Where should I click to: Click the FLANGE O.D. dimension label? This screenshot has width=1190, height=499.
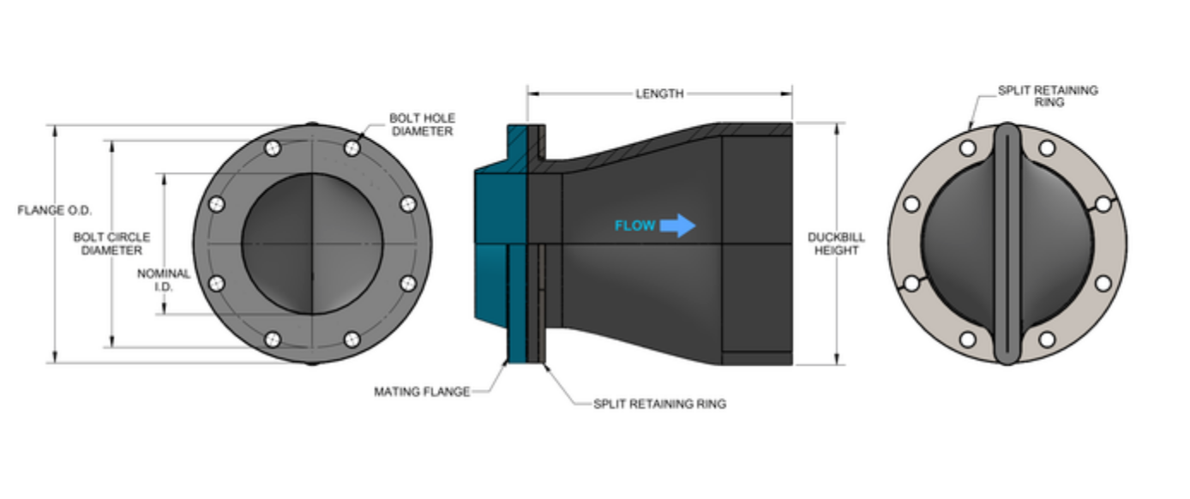coord(54,210)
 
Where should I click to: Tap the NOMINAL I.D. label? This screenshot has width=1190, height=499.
coord(164,280)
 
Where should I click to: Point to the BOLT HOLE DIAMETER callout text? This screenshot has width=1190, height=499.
coord(421,124)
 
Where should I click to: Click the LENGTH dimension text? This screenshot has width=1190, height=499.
coord(659,93)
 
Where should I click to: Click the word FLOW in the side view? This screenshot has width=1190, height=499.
coord(634,226)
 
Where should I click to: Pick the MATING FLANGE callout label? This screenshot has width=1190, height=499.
coord(422,392)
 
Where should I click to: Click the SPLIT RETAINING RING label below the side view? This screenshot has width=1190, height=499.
coord(659,403)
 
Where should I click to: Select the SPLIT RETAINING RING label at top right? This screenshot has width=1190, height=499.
coord(1048,96)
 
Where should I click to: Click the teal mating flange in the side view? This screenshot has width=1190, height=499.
coord(499,249)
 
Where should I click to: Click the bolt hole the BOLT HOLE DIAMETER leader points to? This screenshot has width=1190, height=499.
coord(352,148)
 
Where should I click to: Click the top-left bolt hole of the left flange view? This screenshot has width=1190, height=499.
coord(273,148)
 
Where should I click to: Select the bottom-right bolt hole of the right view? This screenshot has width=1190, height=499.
coord(1047,340)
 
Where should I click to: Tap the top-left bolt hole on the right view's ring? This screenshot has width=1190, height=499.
coord(968,148)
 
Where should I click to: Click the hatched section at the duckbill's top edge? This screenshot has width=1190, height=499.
coord(754,128)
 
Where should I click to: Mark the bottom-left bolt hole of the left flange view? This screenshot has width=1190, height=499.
coord(273,340)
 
